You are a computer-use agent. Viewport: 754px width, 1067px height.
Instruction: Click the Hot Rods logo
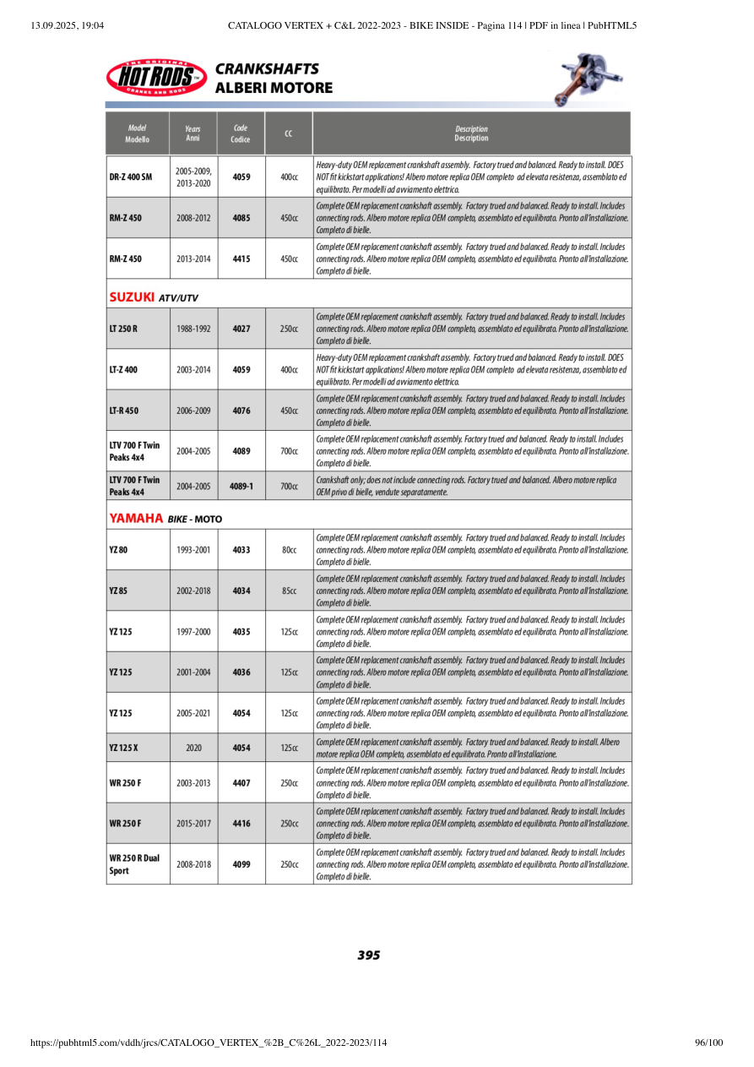coord(157,79)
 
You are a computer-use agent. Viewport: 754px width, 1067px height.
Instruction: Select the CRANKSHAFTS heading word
coord(267,69)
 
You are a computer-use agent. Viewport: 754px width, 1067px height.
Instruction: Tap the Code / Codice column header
coord(241,133)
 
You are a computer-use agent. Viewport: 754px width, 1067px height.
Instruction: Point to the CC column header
coord(289,133)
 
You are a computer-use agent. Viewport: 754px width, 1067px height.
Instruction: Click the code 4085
coord(241,218)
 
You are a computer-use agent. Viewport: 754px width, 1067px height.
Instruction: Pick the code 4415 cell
coord(241,259)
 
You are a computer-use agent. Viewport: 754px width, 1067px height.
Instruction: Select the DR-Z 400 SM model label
coord(131,177)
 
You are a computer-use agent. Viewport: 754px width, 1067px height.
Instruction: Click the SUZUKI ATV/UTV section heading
coord(154,297)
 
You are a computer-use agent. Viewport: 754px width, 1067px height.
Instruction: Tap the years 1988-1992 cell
coord(193,329)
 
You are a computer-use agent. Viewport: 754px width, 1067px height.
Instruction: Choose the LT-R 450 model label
coord(124,411)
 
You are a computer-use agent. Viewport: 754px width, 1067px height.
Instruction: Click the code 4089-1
coord(241,487)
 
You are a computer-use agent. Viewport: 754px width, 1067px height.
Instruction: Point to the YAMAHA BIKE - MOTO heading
coord(165,518)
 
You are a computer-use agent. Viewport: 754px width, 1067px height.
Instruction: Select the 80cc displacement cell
coord(289,550)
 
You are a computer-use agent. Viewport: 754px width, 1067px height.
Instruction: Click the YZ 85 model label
coord(120,591)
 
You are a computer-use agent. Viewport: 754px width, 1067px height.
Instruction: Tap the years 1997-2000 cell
coord(193,632)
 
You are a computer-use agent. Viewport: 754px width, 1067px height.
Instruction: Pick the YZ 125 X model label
coord(125,748)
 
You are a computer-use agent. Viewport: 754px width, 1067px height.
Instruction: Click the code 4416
coord(241,824)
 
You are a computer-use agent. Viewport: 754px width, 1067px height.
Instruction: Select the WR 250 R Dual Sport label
coord(134,864)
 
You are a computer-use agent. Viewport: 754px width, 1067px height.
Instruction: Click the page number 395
coord(369,955)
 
